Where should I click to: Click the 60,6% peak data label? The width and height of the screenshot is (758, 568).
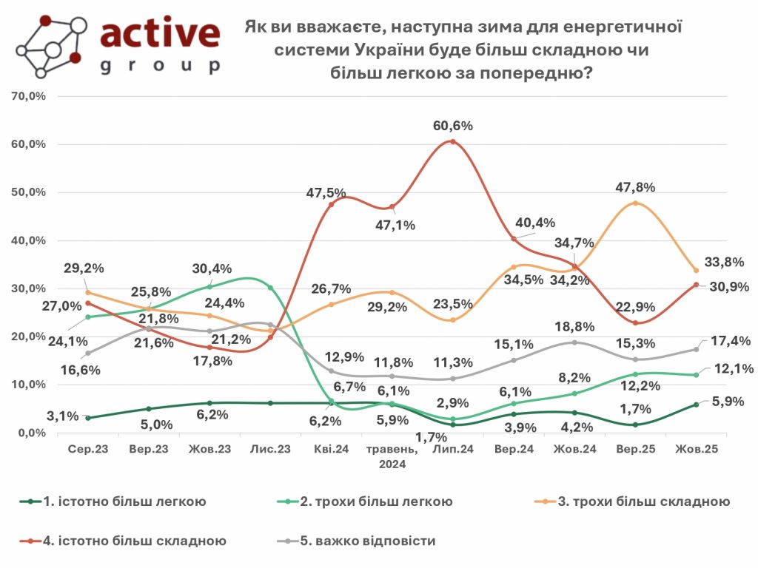tap(452, 126)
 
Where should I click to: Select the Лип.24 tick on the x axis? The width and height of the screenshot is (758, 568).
tap(452, 449)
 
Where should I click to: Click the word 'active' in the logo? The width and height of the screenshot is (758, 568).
tap(160, 33)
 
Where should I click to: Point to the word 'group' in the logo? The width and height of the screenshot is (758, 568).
tap(160, 66)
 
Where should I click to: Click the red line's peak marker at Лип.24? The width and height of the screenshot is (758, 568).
tap(452, 141)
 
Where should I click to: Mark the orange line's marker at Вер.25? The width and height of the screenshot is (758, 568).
tap(635, 203)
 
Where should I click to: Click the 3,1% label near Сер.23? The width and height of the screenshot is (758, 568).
tap(63, 416)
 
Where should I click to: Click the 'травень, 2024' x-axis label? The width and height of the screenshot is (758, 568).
tap(392, 456)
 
